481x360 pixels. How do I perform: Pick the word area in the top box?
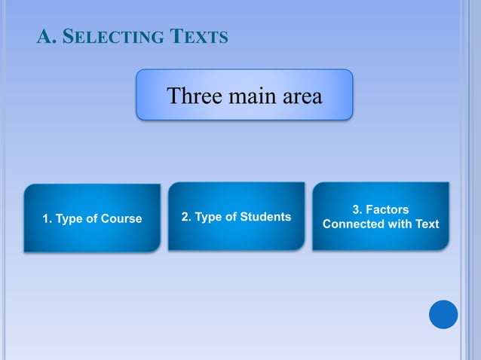(301, 96)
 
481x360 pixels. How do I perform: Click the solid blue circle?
(443, 314)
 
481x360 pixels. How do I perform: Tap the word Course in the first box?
(120, 219)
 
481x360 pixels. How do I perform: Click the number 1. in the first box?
(47, 219)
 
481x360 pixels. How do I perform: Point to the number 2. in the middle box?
(186, 217)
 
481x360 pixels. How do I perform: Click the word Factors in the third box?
(388, 210)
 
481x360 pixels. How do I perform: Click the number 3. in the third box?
(357, 210)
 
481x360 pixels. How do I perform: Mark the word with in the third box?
(399, 224)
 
